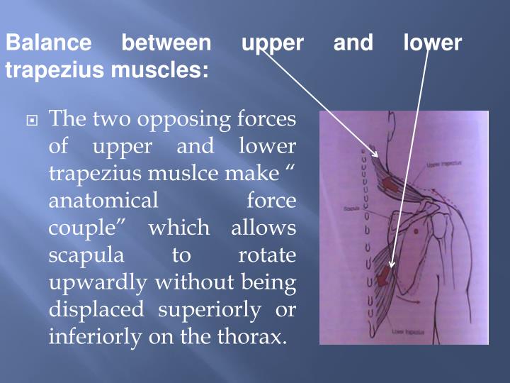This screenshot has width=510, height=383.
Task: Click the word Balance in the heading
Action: (x=49, y=43)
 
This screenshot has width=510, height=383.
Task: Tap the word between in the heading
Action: (x=166, y=43)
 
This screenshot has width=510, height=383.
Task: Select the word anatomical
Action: (x=103, y=201)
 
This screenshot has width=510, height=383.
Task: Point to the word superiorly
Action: (x=205, y=309)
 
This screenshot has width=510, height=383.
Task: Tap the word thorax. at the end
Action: (x=259, y=336)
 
